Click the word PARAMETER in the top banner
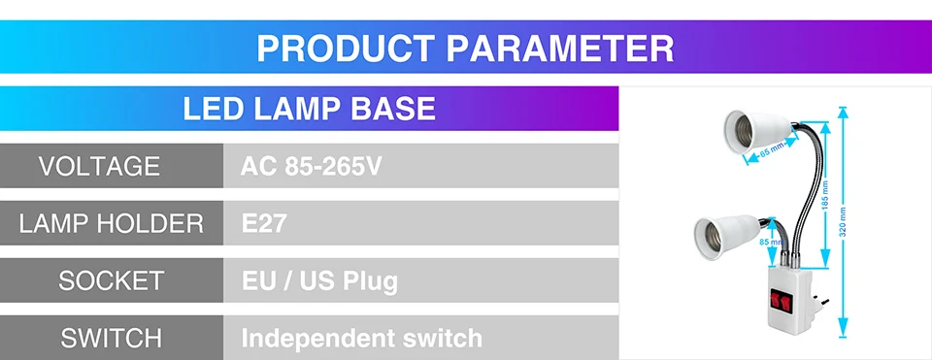click(560, 49)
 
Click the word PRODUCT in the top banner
click(346, 49)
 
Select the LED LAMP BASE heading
click(309, 109)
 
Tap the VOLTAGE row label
click(99, 166)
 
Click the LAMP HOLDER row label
click(111, 223)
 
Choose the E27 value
click(264, 224)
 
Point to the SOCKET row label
click(111, 280)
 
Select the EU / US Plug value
click(319, 281)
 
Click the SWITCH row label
click(111, 338)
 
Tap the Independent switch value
click(361, 338)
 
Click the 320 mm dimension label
click(843, 221)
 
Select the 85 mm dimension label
click(771, 242)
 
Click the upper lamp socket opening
click(737, 129)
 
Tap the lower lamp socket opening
click(708, 238)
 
